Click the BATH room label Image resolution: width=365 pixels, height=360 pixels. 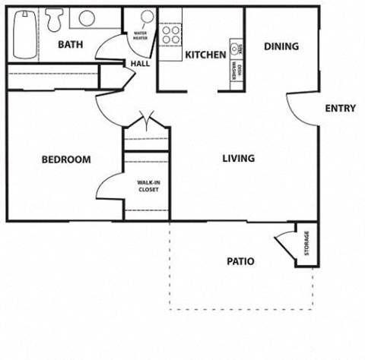click(70, 44)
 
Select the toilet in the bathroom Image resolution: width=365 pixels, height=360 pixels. click(55, 19)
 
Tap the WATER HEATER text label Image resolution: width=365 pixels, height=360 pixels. click(140, 36)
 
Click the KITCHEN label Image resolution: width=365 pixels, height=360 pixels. click(205, 55)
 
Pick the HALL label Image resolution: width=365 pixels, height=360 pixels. click(140, 64)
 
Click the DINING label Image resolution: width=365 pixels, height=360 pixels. click(281, 46)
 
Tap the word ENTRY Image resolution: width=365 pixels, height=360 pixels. click(340, 109)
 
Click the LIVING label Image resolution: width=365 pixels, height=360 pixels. click(238, 159)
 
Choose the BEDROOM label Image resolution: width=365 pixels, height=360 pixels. click(66, 160)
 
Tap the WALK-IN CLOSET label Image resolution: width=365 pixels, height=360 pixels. click(148, 186)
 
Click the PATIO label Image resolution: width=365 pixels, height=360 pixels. click(240, 261)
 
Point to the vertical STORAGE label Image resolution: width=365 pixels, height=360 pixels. click(307, 243)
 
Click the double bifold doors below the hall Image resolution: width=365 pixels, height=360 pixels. click(146, 121)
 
